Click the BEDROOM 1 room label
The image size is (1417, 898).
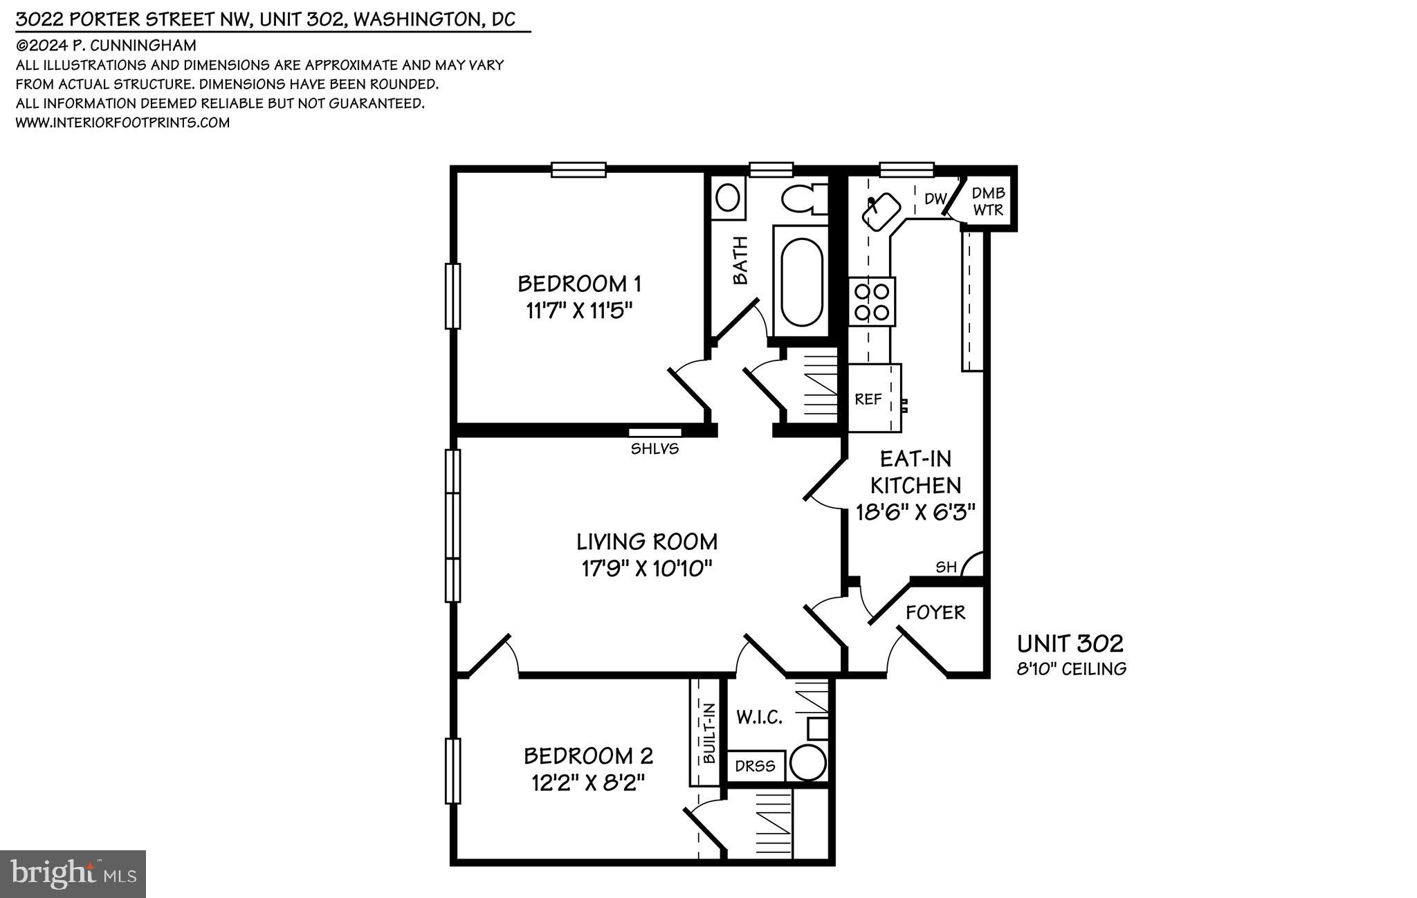click(x=579, y=284)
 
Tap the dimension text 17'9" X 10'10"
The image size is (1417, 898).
click(x=647, y=569)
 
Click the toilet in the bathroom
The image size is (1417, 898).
click(x=804, y=199)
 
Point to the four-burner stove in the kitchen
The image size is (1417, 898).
click(x=872, y=302)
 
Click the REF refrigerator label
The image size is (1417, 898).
click(x=868, y=399)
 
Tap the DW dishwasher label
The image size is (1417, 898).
click(x=935, y=199)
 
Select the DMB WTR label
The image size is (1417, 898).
click(x=988, y=201)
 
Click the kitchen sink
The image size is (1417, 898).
click(x=881, y=210)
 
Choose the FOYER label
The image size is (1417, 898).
click(x=935, y=612)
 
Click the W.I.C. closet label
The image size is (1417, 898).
click(x=759, y=717)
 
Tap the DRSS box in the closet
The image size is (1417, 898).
click(x=755, y=767)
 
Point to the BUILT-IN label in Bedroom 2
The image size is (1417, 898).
click(x=708, y=733)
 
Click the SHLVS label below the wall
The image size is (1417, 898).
click(x=655, y=449)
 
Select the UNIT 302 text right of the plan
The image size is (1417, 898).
click(x=1070, y=644)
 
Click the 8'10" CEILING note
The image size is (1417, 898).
click(x=1071, y=669)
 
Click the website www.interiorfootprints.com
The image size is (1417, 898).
click(x=122, y=122)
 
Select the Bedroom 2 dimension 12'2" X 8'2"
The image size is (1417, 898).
click(x=588, y=783)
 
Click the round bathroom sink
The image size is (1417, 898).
click(x=726, y=198)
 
